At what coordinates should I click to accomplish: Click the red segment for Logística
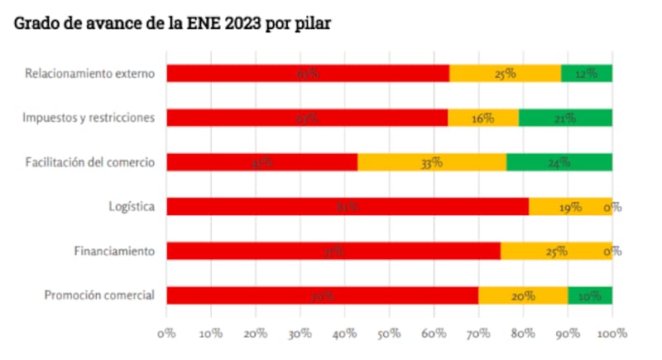[x=348, y=206]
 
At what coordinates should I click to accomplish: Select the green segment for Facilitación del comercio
[x=559, y=162]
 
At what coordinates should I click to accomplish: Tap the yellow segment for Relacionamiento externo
[x=505, y=73]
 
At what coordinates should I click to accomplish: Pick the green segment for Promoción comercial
[x=590, y=295]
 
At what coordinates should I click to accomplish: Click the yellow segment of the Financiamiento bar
[x=556, y=251]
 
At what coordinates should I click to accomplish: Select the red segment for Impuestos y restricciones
[x=307, y=118]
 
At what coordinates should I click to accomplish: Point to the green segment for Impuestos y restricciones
[x=565, y=118]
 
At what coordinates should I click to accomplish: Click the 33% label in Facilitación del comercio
[x=431, y=162]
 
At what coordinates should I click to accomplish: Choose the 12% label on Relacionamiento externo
[x=587, y=74]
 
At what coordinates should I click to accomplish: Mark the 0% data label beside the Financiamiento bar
[x=612, y=252]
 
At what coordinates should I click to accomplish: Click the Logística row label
[x=132, y=206]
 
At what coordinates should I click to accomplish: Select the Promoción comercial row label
[x=99, y=295]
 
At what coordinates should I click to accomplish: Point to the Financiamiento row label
[x=113, y=251]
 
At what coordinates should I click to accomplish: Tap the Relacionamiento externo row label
[x=90, y=73]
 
